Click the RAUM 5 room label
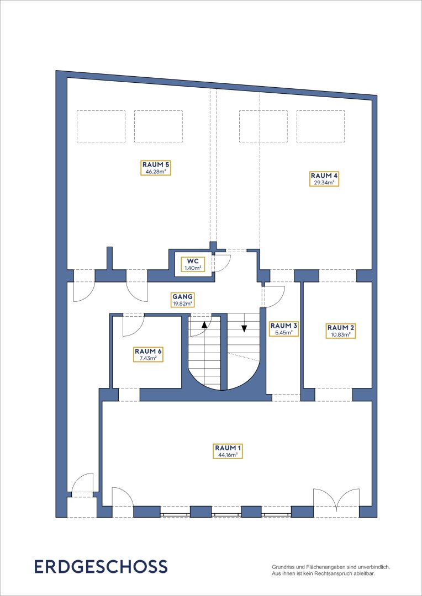click(x=156, y=168)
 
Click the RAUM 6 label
click(x=148, y=354)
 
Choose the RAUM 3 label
click(x=284, y=329)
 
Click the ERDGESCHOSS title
click(x=101, y=566)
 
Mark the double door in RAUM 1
click(x=337, y=497)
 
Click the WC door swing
click(x=222, y=262)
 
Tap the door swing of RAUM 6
click(x=133, y=326)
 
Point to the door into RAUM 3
click(x=273, y=296)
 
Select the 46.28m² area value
click(x=156, y=172)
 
